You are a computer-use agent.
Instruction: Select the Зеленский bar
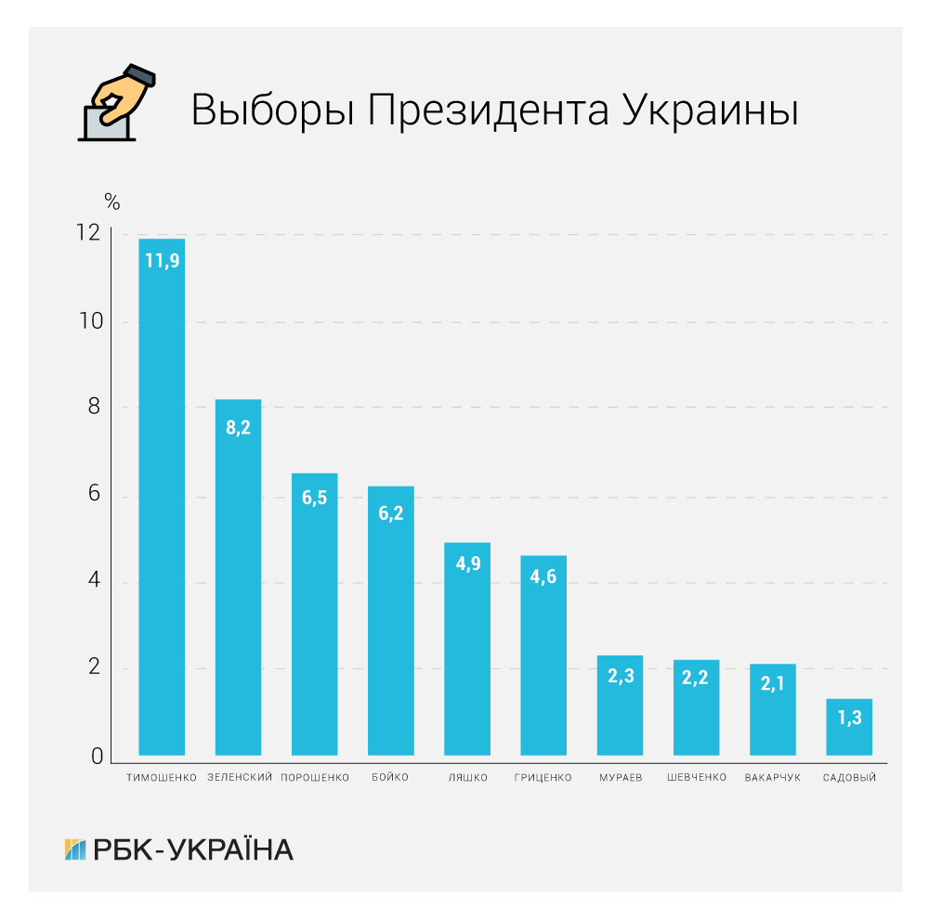(238, 577)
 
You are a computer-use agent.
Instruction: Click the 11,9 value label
(162, 261)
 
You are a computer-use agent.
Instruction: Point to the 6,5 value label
(314, 498)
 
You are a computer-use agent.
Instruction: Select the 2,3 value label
(620, 677)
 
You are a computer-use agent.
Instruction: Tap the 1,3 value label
(849, 717)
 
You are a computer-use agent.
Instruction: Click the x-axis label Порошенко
(315, 778)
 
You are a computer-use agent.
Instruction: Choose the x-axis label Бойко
(390, 778)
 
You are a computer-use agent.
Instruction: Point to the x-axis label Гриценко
(543, 778)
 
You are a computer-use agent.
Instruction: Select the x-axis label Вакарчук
(772, 778)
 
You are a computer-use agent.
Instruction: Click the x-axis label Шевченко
(696, 778)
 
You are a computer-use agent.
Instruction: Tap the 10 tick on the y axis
(91, 321)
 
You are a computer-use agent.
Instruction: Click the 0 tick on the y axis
(97, 757)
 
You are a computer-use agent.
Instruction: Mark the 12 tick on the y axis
(90, 234)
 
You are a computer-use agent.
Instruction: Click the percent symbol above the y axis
(112, 201)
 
